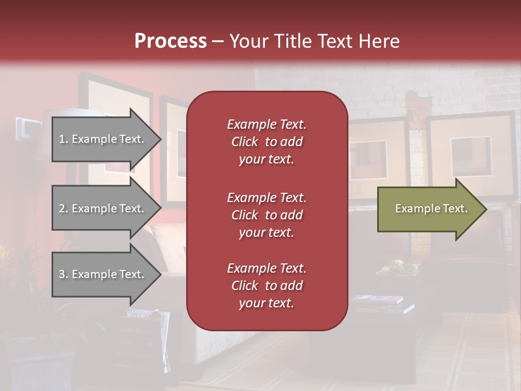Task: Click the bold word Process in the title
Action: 170,41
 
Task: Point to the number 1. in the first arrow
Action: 63,139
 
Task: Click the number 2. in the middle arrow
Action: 63,209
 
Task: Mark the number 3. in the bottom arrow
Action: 63,274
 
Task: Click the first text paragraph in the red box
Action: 266,142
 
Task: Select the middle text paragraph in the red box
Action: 266,215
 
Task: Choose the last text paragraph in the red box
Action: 266,286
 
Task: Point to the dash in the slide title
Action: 218,41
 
